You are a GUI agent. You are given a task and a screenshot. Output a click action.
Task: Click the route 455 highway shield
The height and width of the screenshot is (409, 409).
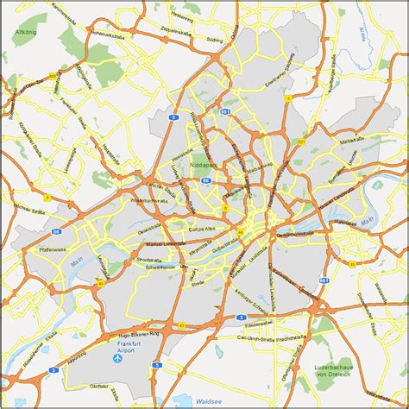click(53, 77)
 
